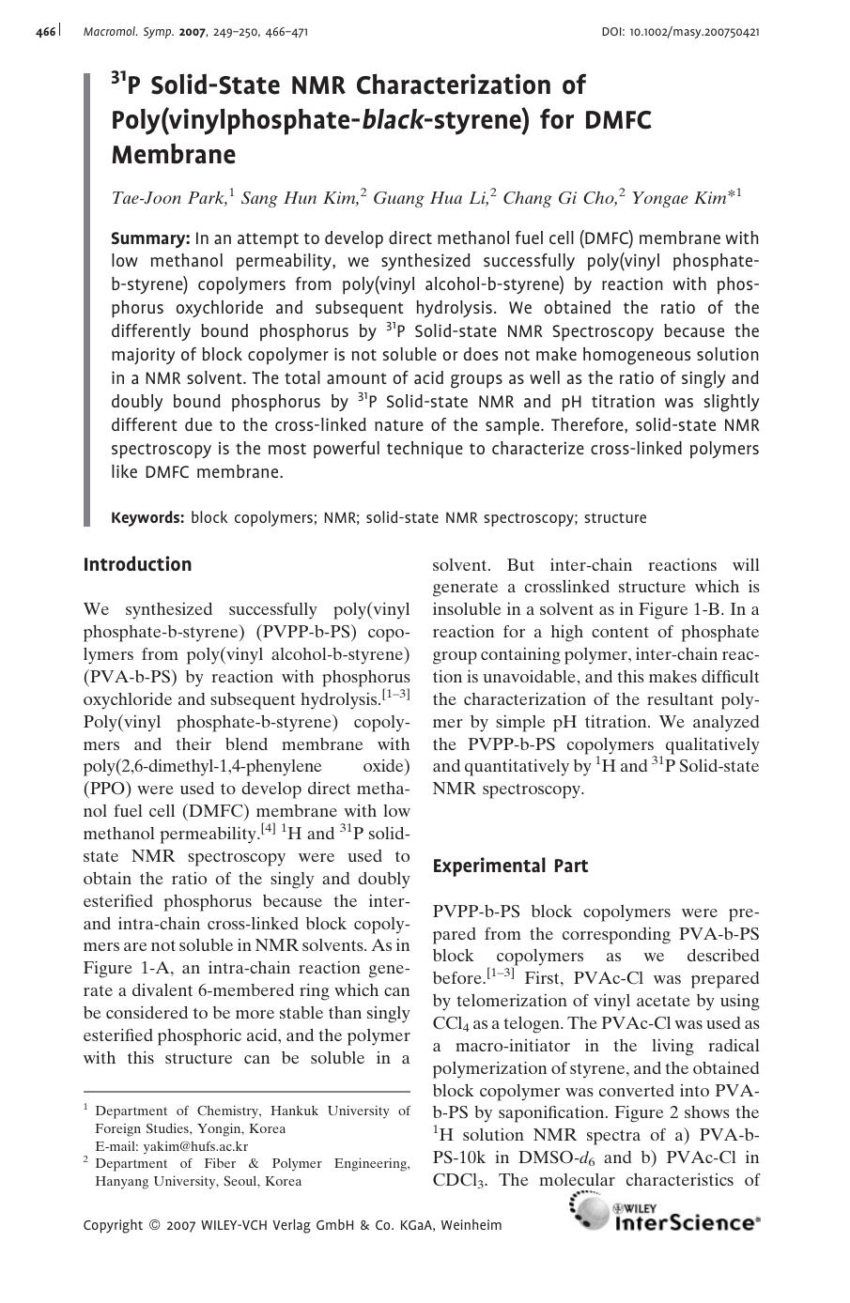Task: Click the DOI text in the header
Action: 680,32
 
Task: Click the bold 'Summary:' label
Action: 150,238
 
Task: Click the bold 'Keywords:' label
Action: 147,517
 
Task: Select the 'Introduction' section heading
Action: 137,564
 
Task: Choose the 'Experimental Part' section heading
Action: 510,866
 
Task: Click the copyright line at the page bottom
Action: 292,1224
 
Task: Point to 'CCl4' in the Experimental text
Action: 449,1024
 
